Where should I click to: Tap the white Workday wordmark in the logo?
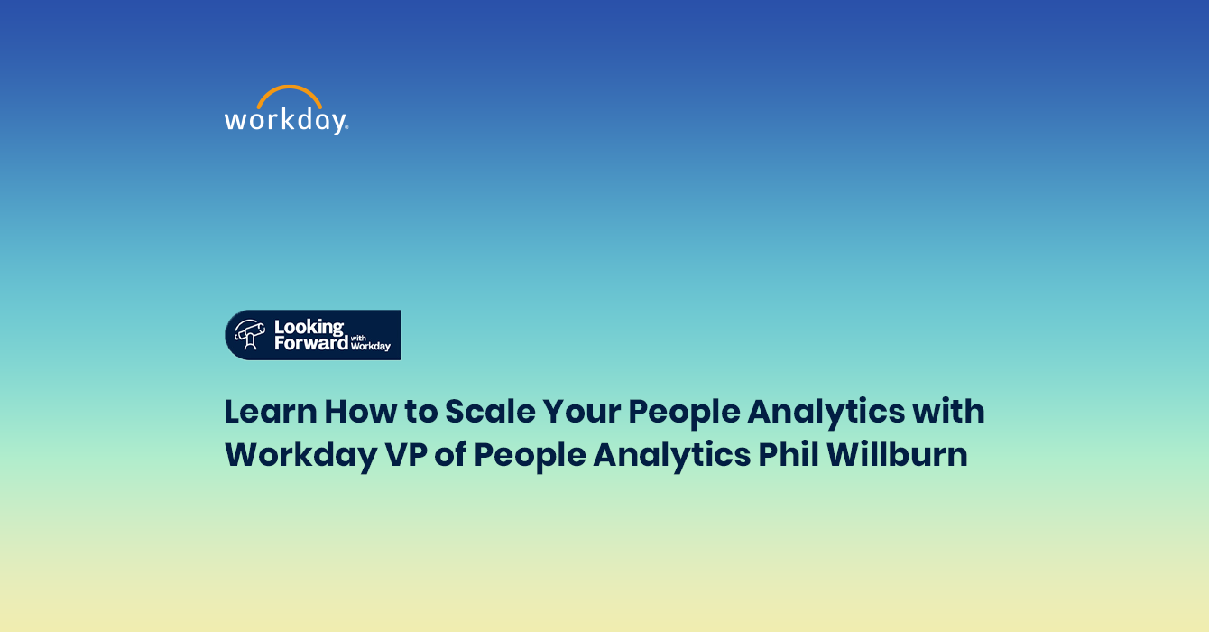285,120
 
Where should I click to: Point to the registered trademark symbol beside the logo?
346,128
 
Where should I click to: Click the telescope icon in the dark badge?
249,334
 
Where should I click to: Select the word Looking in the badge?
309,328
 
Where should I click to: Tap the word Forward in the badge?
311,343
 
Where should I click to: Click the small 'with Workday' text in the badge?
370,343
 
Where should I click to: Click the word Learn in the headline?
271,412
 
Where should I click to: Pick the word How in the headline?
361,412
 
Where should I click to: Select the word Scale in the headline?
490,412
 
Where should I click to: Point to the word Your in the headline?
582,412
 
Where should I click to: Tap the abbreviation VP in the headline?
406,455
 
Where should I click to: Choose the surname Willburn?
897,455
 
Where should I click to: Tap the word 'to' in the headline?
421,413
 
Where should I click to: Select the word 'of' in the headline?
450,455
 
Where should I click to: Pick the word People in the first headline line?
685,414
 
